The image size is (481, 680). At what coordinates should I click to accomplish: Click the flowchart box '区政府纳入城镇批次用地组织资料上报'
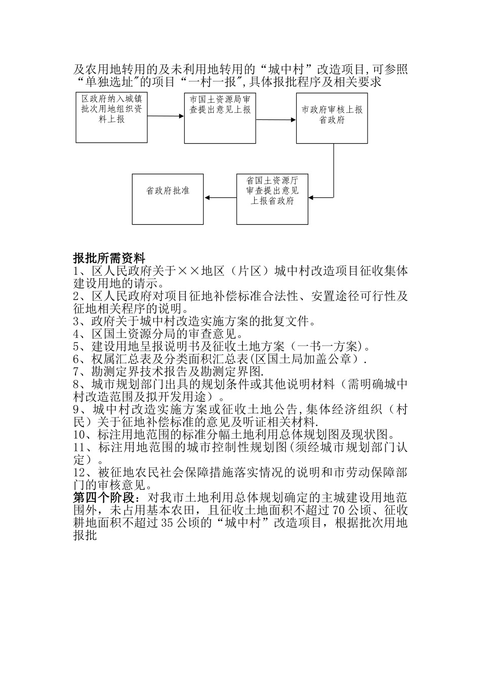pyautogui.click(x=111, y=117)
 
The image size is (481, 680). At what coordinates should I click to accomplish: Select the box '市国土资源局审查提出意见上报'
pyautogui.click(x=220, y=118)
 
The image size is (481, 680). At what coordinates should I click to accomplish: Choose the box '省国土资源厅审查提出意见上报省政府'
pyautogui.click(x=272, y=199)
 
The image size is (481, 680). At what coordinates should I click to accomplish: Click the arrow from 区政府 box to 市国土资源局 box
pyautogui.click(x=166, y=116)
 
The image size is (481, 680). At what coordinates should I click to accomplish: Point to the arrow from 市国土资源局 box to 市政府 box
pyautogui.click(x=276, y=120)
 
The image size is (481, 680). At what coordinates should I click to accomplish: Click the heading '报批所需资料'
pyautogui.click(x=109, y=259)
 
